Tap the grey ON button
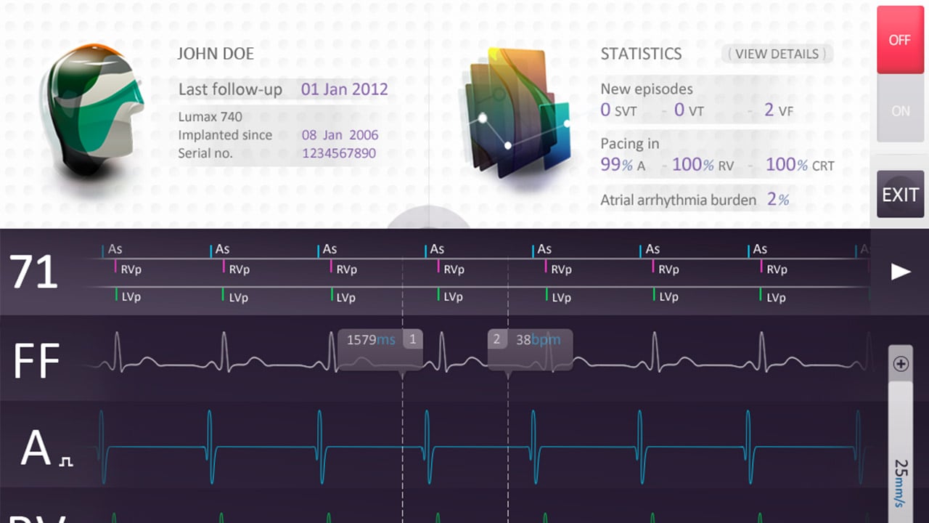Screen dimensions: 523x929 [x=900, y=111]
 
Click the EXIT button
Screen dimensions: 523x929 [x=900, y=195]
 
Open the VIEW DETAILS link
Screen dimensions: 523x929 [x=777, y=54]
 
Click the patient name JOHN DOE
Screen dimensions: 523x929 [x=216, y=54]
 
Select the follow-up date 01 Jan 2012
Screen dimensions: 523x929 [x=345, y=90]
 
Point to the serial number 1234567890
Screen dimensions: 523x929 [x=339, y=153]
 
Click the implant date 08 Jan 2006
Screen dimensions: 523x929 [x=340, y=135]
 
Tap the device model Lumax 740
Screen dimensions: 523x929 [x=210, y=117]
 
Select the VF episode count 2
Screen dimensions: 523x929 [x=769, y=110]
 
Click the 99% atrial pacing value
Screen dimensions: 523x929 [x=616, y=165]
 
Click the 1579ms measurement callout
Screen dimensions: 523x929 [x=380, y=339]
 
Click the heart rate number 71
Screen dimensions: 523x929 [x=33, y=273]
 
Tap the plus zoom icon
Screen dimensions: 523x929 [x=901, y=364]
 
